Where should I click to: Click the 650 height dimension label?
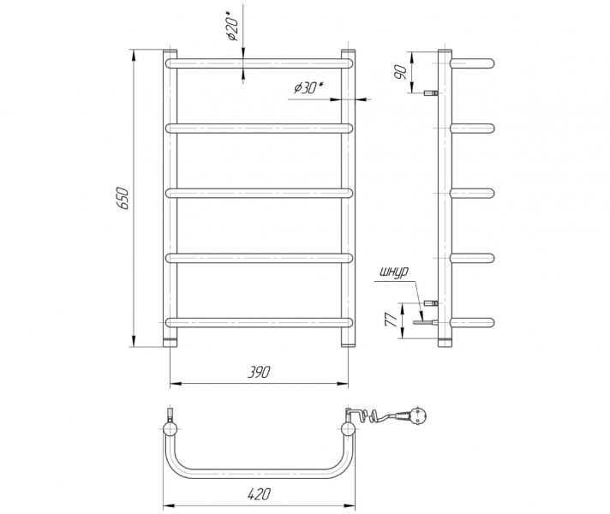coord(123,198)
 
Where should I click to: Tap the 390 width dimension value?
coord(259,372)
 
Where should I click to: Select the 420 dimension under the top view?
coord(259,494)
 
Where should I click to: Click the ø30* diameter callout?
coord(309,88)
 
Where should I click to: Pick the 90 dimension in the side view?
coord(401,72)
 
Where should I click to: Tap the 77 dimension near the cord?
coord(391,319)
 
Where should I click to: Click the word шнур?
coord(394,272)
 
